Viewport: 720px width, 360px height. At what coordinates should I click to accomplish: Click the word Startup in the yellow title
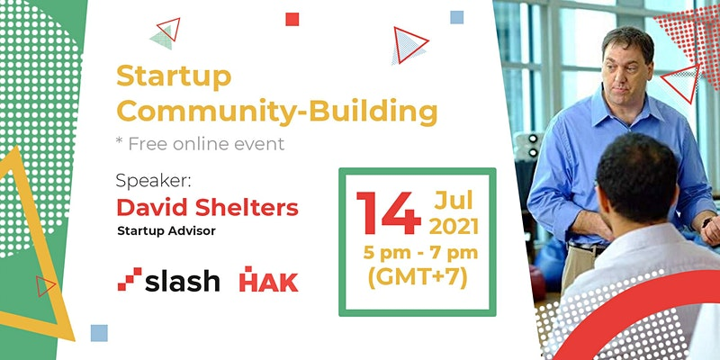point(174,76)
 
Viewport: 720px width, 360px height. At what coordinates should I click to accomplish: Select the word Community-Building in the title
point(276,112)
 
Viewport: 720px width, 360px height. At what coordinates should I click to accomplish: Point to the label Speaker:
point(153,181)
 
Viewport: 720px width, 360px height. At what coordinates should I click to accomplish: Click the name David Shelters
point(208,207)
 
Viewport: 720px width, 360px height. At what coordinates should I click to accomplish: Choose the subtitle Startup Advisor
point(166,231)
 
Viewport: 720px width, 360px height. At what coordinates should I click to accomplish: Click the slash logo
point(168,281)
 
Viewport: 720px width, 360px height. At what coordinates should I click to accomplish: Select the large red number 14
point(389,212)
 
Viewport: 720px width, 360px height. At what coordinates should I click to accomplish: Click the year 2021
point(454,227)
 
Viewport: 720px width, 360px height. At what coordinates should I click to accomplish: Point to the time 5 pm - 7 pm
point(420,253)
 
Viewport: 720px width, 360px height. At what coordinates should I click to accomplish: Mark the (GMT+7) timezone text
point(418,278)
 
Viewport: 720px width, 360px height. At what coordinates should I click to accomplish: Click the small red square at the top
point(292,19)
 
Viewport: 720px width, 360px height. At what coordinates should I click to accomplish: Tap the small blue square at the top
point(457,17)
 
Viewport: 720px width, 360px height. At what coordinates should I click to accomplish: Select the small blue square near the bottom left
point(99,333)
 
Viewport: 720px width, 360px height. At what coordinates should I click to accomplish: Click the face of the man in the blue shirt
point(625,67)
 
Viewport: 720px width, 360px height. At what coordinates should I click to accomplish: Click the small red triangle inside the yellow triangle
point(45,286)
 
